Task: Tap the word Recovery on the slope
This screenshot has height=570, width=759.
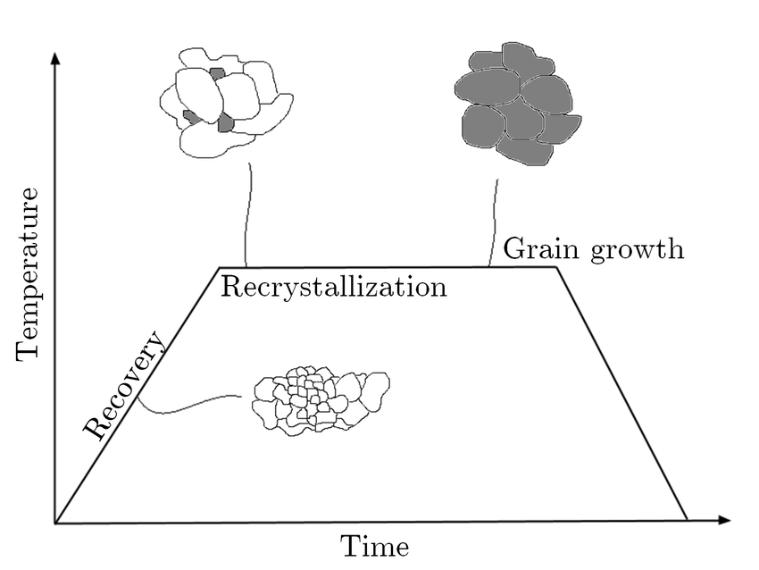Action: pos(125,385)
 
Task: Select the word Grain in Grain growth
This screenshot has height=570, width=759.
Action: pos(541,249)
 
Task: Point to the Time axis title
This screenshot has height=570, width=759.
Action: pos(375,547)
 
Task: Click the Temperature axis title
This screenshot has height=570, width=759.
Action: pos(28,274)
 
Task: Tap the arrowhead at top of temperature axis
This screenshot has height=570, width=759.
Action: pos(55,58)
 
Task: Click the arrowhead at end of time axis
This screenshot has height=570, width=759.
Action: pos(723,520)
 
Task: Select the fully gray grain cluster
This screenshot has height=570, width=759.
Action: pos(517,105)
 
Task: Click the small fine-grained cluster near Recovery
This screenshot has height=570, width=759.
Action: pos(321,401)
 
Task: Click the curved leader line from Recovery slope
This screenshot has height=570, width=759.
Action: pos(188,405)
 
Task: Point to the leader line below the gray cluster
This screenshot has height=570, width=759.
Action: pos(494,222)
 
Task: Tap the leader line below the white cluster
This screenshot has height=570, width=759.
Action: pos(248,214)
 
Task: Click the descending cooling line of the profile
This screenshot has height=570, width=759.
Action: pos(622,393)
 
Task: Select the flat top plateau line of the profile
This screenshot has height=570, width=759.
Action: pos(388,267)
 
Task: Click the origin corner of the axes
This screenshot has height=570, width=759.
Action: pos(55,523)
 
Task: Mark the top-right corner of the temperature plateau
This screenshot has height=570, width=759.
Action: pos(556,267)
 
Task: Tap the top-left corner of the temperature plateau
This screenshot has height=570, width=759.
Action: pos(220,267)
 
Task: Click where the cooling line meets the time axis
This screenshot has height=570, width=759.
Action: pos(688,520)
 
